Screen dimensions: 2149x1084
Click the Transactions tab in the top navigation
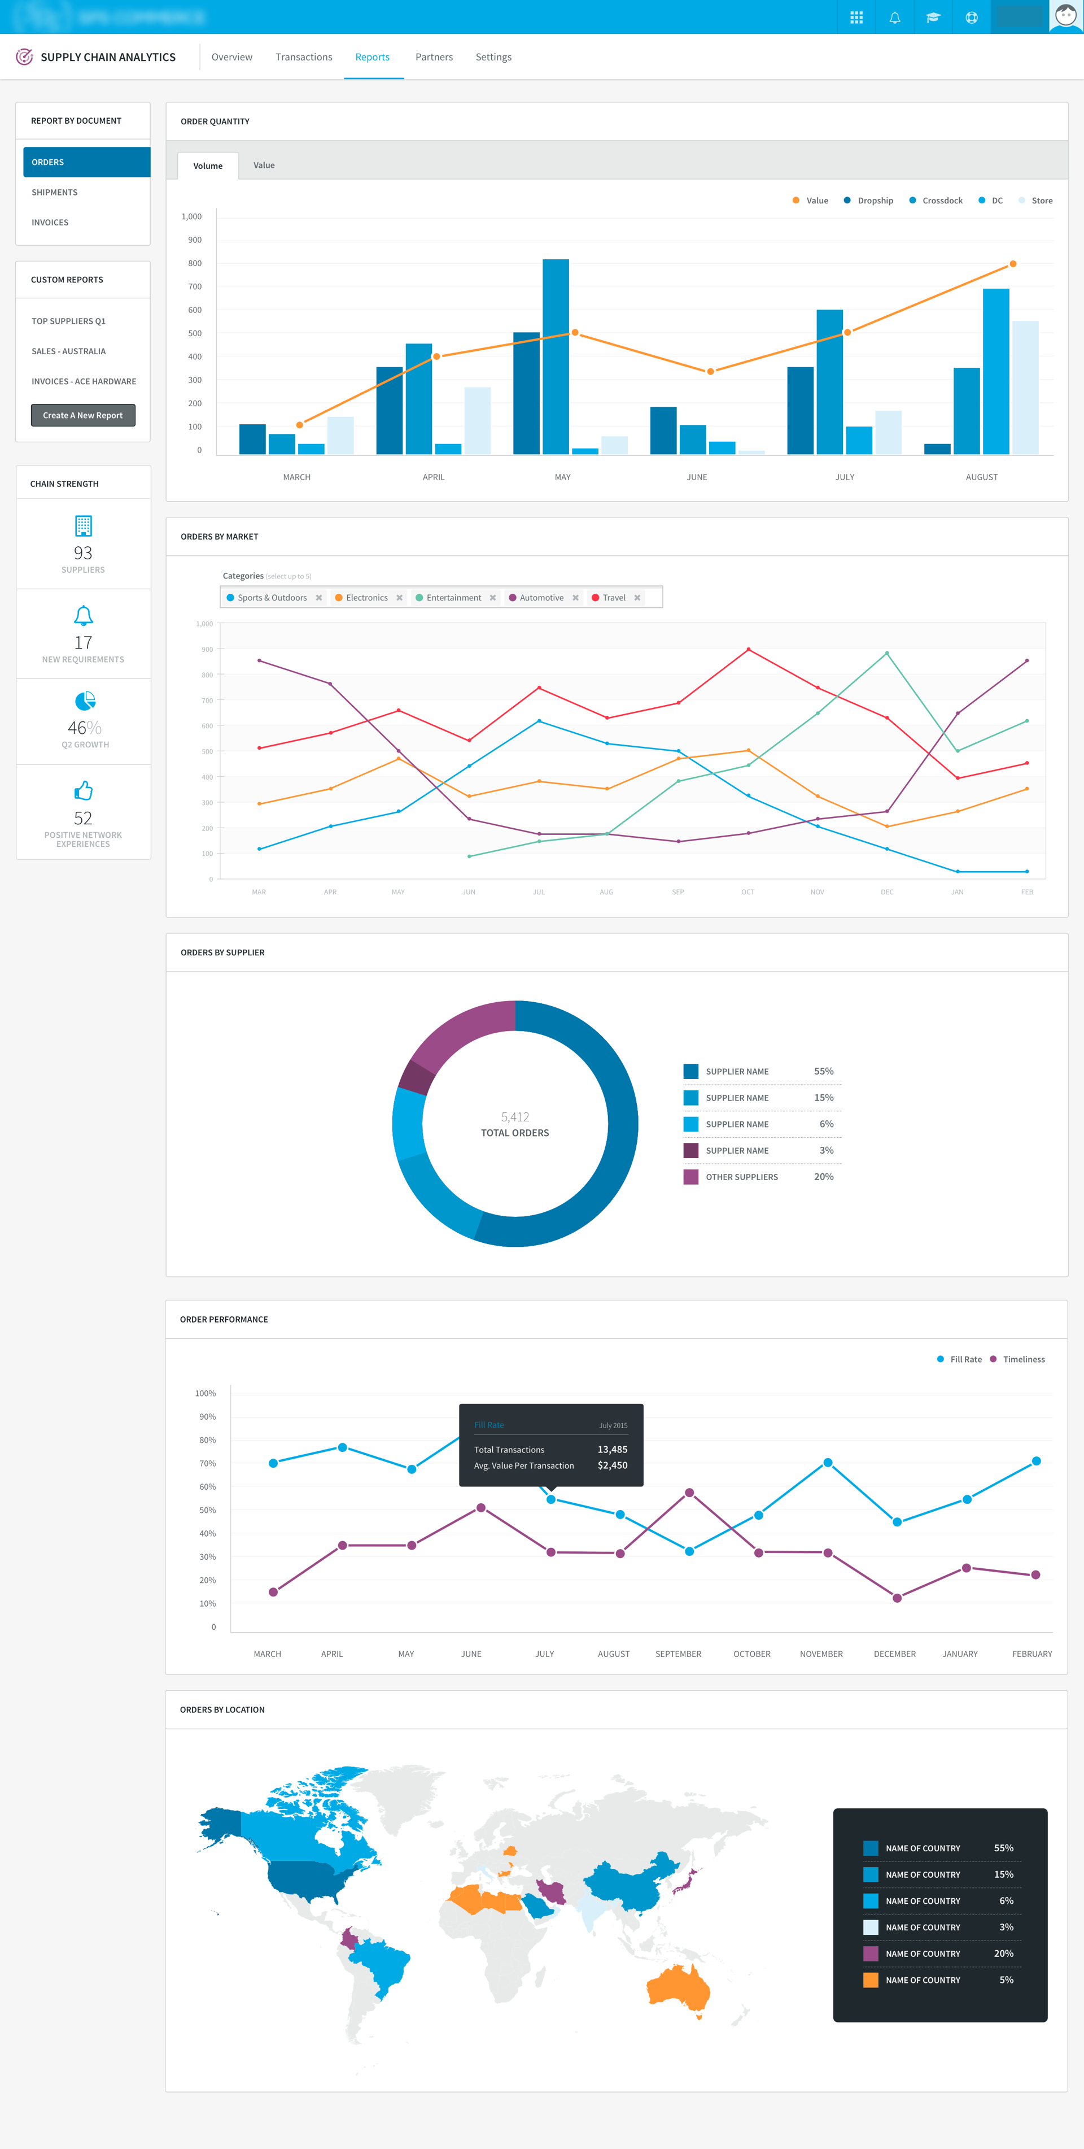[304, 56]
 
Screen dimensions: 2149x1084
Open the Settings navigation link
[493, 56]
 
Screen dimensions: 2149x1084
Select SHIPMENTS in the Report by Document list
[55, 193]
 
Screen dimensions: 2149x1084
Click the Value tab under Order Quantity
[264, 165]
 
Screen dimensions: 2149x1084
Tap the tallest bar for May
[556, 356]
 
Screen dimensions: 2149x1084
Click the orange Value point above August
[1012, 264]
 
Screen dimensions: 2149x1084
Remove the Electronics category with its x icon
[399, 597]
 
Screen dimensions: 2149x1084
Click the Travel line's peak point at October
[748, 649]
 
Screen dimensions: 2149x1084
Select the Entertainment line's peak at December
[886, 653]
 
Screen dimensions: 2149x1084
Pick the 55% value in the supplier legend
[823, 1071]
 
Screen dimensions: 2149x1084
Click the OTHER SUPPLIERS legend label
[741, 1177]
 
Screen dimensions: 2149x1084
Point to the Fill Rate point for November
[827, 1463]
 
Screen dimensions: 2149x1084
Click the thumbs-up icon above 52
[84, 789]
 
